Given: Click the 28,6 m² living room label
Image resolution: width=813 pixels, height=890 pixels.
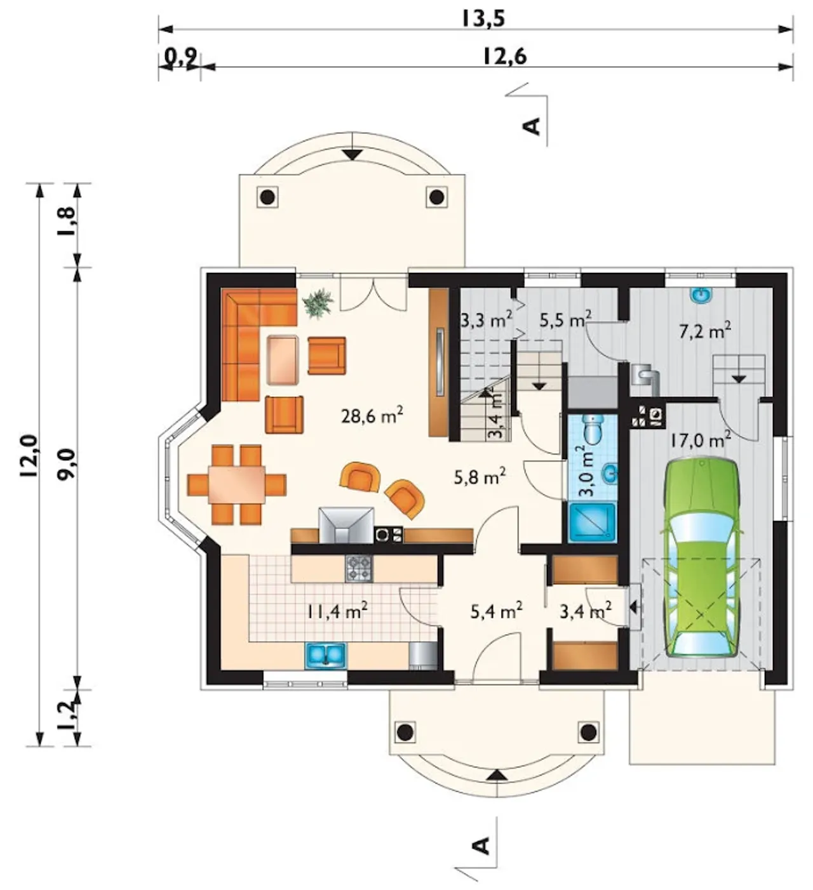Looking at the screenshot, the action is coord(372,416).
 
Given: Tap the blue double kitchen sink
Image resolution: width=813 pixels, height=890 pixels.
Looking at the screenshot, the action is coord(325,654).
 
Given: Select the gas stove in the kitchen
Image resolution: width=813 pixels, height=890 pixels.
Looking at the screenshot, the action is coord(359,569).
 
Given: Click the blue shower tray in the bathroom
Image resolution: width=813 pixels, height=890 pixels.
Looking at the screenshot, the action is coord(592,522).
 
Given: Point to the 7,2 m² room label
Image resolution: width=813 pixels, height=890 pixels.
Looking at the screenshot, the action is coord(705,331).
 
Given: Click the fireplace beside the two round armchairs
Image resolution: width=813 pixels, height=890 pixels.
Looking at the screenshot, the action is coord(346,526).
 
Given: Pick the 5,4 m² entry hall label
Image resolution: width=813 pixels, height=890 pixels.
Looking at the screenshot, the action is coord(496,611).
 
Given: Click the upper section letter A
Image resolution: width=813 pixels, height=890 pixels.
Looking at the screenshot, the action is coord(532,126).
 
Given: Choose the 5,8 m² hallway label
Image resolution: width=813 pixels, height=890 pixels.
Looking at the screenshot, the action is coord(480,477).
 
